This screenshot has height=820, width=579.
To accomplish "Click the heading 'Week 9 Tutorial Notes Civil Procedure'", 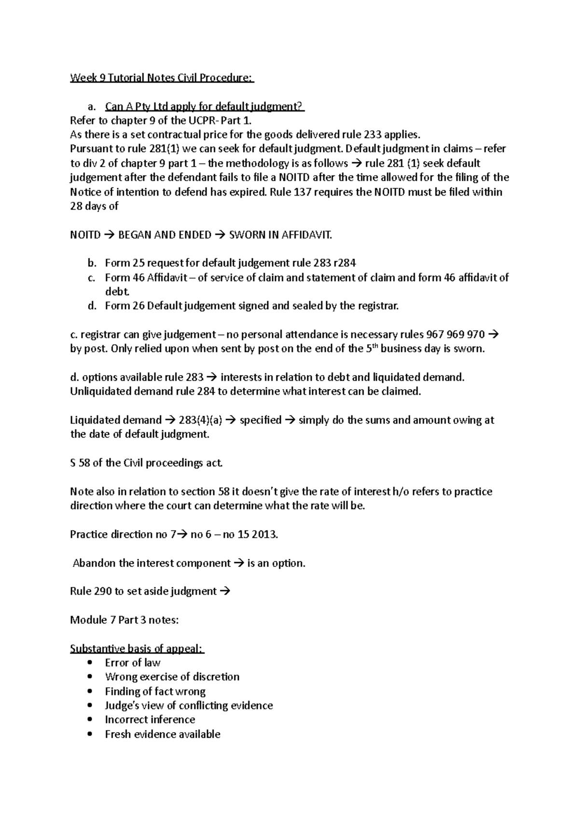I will pyautogui.click(x=162, y=78).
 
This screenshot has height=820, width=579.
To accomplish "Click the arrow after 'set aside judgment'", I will pyautogui.click(x=225, y=592).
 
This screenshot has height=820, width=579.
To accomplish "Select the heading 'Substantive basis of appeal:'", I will pyautogui.click(x=137, y=649).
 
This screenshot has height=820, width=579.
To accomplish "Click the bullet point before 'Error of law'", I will pyautogui.click(x=90, y=663).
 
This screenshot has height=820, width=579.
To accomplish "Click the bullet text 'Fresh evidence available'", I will pyautogui.click(x=163, y=734).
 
